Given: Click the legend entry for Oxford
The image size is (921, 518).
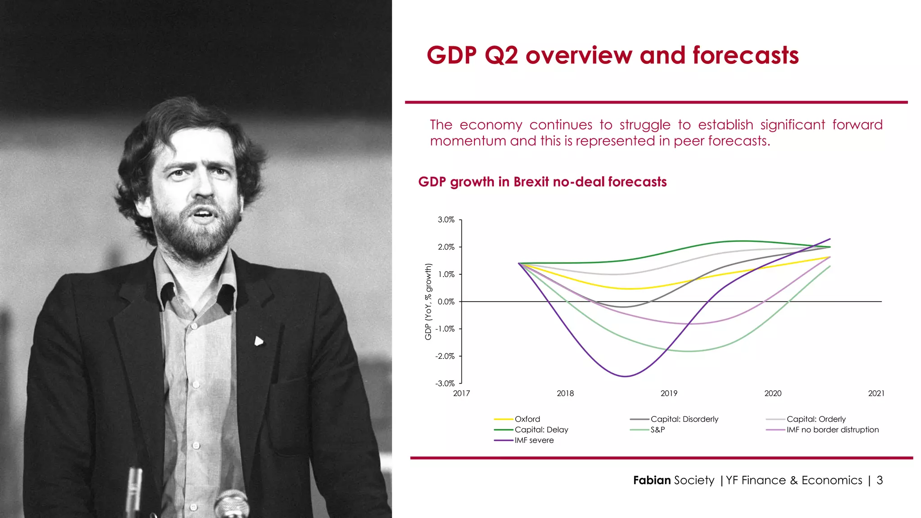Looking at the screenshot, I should (x=527, y=419).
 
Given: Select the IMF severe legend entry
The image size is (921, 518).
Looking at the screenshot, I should (x=534, y=440).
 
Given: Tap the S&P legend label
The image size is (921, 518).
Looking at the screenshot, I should (x=657, y=430).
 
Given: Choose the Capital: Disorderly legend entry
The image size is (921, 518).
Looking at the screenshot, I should (x=684, y=419).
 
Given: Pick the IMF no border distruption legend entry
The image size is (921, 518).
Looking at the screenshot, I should (x=832, y=430).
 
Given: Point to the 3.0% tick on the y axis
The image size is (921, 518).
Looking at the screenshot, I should (x=446, y=220).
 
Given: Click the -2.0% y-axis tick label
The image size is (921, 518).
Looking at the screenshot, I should (x=445, y=356).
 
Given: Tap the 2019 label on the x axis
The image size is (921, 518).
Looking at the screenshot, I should (x=669, y=393).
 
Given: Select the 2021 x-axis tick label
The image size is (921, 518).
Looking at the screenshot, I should (x=876, y=393).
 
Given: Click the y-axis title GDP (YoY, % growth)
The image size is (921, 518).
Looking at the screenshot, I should (x=428, y=302).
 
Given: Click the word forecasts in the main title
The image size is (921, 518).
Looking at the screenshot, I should (x=745, y=56).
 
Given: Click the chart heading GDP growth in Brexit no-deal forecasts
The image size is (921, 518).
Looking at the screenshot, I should (x=542, y=182).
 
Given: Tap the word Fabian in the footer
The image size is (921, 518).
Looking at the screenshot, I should (x=652, y=480).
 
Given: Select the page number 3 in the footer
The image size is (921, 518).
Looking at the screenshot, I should (x=880, y=480).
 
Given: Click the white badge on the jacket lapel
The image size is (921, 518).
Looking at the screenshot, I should (x=259, y=341).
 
